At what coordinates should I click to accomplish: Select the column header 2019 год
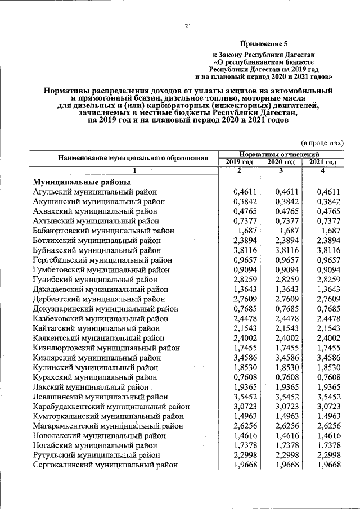[x=238, y=162]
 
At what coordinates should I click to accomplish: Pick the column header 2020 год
[x=281, y=162]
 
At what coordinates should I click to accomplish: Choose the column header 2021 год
[x=323, y=162]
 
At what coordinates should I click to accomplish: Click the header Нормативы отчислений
[x=280, y=154]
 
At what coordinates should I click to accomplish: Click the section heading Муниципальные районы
[x=82, y=182]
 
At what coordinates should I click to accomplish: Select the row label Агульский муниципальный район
[x=94, y=192]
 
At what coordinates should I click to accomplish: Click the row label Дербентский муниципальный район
[x=98, y=299]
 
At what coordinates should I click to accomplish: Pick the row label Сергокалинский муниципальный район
[x=105, y=465]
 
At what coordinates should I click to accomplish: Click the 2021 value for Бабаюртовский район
[x=330, y=231]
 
